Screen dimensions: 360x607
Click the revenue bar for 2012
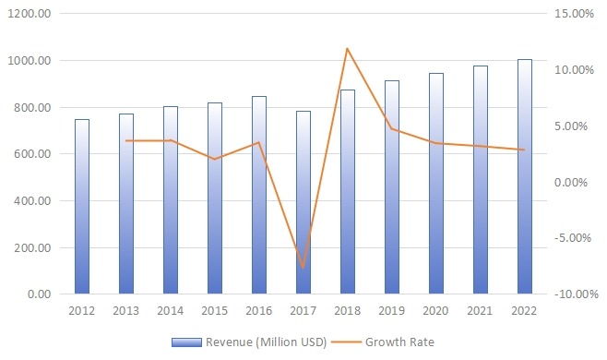(x=82, y=207)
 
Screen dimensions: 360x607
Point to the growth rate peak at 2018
(x=347, y=48)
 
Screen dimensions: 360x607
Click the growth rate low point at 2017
(x=303, y=268)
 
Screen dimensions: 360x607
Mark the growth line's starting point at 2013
(x=126, y=140)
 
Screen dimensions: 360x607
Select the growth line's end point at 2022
(x=525, y=150)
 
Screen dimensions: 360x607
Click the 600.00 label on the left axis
(x=32, y=154)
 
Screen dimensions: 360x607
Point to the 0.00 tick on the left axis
(x=38, y=294)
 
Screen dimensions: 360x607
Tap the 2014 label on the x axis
(x=171, y=311)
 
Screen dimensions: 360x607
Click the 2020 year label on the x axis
(x=436, y=311)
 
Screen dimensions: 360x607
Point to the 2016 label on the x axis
(x=259, y=311)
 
